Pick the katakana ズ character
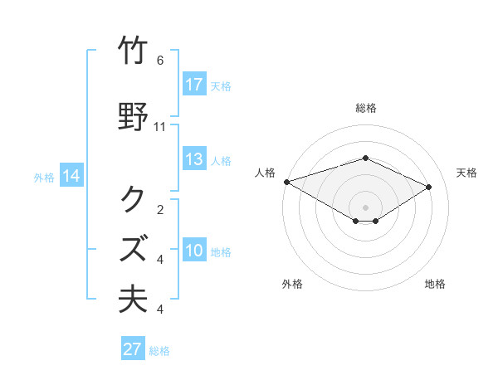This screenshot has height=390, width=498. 134,248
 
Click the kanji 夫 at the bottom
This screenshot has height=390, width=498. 134,299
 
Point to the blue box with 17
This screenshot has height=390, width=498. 194,85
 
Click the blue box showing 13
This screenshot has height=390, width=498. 194,159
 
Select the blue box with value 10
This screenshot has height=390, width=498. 194,251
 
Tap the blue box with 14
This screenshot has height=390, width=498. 71,176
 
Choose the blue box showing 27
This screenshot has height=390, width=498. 133,349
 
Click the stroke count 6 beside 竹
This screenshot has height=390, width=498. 160,61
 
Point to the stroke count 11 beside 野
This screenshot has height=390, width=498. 160,127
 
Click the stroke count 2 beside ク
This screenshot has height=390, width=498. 160,210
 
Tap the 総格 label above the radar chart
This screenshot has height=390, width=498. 366,108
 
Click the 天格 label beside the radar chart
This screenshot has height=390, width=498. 466,173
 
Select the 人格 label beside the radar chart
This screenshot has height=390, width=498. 266,173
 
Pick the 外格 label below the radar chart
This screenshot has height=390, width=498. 292,284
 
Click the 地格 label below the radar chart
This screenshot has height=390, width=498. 435,284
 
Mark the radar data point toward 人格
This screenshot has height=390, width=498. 286,181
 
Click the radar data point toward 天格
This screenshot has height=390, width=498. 429,187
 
